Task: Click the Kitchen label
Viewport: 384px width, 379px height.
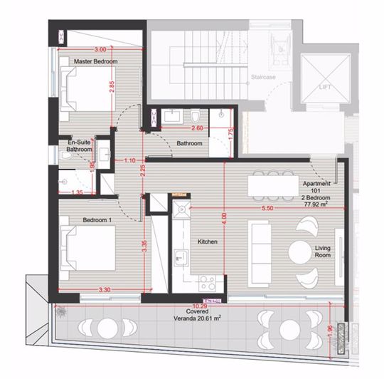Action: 207,242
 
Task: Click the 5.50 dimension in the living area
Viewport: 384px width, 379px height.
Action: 267,207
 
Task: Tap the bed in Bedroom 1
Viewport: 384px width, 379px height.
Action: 85,248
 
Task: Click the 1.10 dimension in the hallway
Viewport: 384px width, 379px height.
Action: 129,161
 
